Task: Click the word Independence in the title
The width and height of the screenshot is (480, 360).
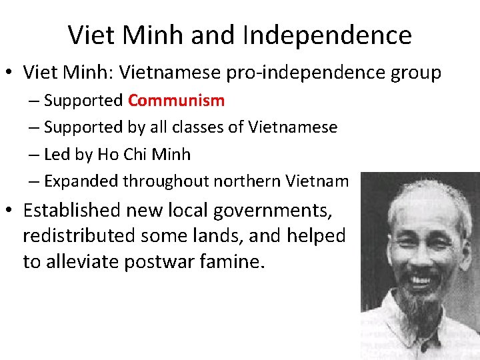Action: tap(327, 35)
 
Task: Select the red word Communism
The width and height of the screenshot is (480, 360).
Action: tap(176, 101)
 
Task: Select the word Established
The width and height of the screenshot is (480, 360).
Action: tap(70, 211)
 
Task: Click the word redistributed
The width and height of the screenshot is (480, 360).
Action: tap(79, 236)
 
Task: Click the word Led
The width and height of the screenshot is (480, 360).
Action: tap(56, 154)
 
